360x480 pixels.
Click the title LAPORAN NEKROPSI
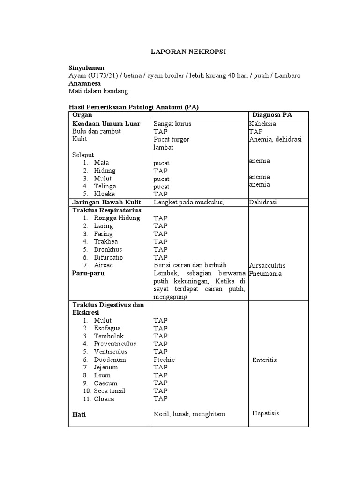pos(188,52)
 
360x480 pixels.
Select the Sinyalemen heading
pos(86,68)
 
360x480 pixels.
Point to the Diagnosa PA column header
pos(273,115)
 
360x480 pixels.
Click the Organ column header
pos(82,115)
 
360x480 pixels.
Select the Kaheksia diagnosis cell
pos(262,124)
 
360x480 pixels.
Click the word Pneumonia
pos(265,273)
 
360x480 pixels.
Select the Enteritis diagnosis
pos(264,360)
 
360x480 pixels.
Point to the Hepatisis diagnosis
pos(265,413)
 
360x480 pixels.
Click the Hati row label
pos(79,415)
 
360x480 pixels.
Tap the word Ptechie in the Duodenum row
pos(165,360)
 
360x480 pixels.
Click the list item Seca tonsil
pos(109,391)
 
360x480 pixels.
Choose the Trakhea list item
pos(105,241)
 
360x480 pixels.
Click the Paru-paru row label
pos(88,273)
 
